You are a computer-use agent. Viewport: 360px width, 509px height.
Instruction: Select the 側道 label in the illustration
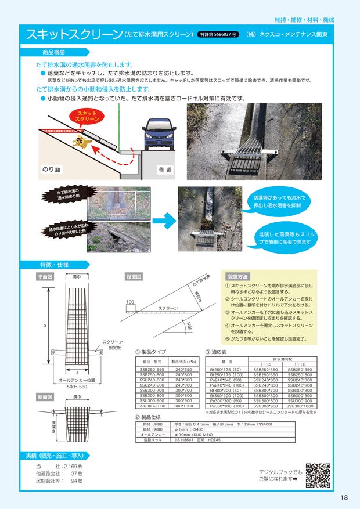165,170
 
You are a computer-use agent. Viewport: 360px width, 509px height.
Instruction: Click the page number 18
344,497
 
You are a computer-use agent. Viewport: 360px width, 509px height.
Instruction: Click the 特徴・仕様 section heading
53,265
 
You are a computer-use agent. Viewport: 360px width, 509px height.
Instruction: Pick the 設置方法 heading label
238,276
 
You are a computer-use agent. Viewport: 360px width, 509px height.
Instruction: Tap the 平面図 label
45,277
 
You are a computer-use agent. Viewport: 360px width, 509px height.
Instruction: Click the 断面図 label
45,398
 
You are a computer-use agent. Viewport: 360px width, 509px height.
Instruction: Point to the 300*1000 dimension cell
184,406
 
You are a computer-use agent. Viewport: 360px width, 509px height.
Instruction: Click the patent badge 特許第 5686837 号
217,34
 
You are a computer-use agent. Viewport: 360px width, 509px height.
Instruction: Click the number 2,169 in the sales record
70,467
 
